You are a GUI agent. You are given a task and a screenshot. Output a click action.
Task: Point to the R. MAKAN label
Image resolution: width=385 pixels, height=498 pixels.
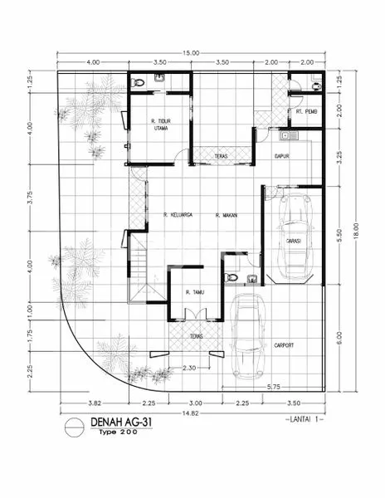[227, 216]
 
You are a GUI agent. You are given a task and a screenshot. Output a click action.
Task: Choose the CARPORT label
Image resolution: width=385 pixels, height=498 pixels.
[284, 344]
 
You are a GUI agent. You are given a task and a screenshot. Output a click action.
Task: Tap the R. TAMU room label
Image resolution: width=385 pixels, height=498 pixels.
[196, 292]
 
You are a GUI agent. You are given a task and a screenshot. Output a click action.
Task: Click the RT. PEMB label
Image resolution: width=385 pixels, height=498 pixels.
[305, 111]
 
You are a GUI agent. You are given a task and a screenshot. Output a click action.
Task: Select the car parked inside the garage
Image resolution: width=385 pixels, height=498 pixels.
[293, 237]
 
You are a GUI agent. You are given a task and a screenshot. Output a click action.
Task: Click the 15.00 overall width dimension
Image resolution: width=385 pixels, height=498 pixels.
[192, 52]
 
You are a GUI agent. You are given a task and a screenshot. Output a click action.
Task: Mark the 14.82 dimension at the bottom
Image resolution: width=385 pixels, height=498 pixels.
[192, 413]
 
